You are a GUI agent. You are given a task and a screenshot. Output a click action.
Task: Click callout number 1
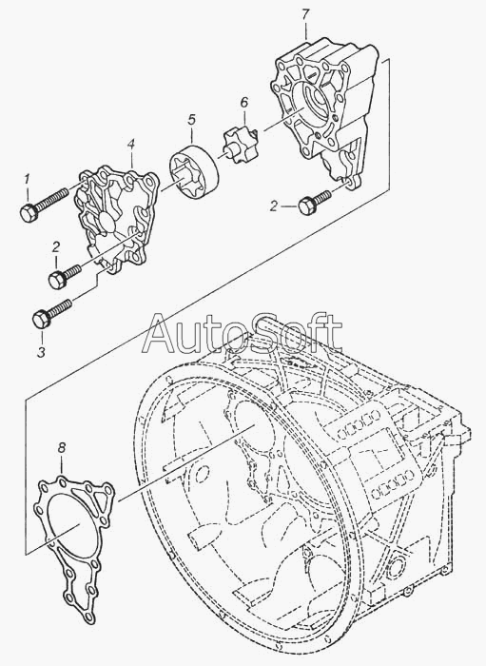[x=27, y=181]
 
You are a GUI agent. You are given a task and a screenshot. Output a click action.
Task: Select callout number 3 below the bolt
[x=41, y=352]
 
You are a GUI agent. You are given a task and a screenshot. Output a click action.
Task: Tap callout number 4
[x=131, y=145]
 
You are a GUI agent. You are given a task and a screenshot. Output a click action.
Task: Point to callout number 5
[x=191, y=121]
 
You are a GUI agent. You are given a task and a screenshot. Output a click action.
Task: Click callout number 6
[x=243, y=103]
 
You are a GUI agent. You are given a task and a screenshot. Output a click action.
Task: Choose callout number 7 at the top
[x=305, y=15]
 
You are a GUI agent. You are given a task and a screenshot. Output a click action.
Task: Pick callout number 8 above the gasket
[x=62, y=447]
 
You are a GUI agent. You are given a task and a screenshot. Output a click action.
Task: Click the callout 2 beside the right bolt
[x=275, y=206]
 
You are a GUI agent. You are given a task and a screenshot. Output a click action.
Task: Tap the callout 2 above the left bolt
[x=56, y=246]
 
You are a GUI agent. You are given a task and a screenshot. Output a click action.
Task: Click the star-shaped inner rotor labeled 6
[x=240, y=147]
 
